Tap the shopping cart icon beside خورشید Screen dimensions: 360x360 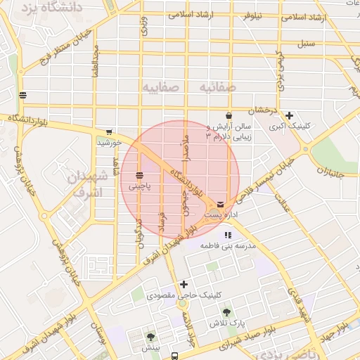108,131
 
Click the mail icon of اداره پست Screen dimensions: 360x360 221,203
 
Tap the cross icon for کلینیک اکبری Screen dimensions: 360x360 289,115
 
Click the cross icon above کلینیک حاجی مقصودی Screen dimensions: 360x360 184,284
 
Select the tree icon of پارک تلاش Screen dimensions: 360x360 226,312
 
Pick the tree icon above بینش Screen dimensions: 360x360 150,337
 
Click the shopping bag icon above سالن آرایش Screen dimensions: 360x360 229,115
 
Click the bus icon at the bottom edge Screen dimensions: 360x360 175,355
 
